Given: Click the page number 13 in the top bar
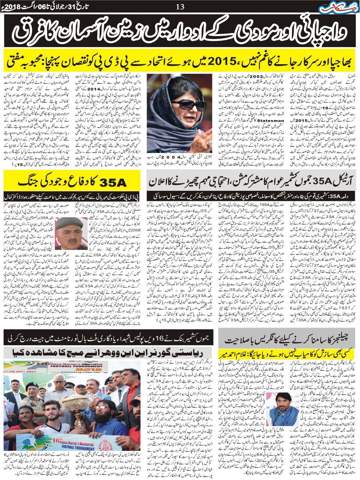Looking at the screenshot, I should click(180, 6).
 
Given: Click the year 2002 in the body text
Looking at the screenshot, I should click(251, 77).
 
